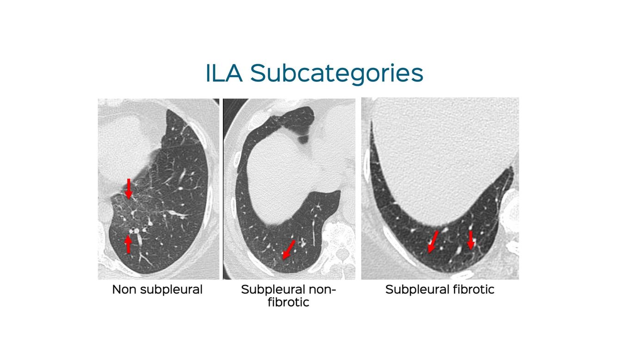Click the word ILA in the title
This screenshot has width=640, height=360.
pyautogui.click(x=224, y=73)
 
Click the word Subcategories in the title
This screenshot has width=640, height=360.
pyautogui.click(x=337, y=73)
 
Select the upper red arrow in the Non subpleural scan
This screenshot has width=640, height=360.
pyautogui.click(x=129, y=189)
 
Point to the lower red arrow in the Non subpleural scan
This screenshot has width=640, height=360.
pyautogui.click(x=128, y=244)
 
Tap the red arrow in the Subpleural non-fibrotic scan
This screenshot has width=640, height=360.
pyautogui.click(x=289, y=250)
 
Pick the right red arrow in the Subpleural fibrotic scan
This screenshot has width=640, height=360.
pyautogui.click(x=471, y=239)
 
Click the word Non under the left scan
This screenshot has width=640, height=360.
pyautogui.click(x=125, y=290)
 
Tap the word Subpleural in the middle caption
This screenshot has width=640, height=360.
pyautogui.click(x=273, y=290)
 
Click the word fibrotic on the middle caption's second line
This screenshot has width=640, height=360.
pyautogui.click(x=288, y=303)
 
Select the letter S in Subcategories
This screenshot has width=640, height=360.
pyautogui.click(x=257, y=73)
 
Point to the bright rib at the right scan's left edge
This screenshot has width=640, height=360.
pyautogui.click(x=366, y=166)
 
